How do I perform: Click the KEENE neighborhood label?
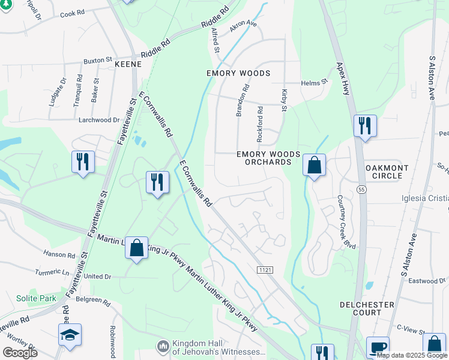click(128, 64)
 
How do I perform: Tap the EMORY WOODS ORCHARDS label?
click(268, 158)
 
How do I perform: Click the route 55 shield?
click(361, 190)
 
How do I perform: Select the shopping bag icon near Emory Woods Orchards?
click(314, 165)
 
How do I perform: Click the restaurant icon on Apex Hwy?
click(364, 126)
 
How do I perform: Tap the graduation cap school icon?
click(70, 335)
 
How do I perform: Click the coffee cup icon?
click(378, 347)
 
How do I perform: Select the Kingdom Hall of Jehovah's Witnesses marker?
click(162, 347)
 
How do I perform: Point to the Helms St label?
click(314, 82)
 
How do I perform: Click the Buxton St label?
click(98, 61)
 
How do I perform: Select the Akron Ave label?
click(243, 27)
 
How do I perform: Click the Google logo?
click(20, 353)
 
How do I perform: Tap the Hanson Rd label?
click(59, 254)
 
